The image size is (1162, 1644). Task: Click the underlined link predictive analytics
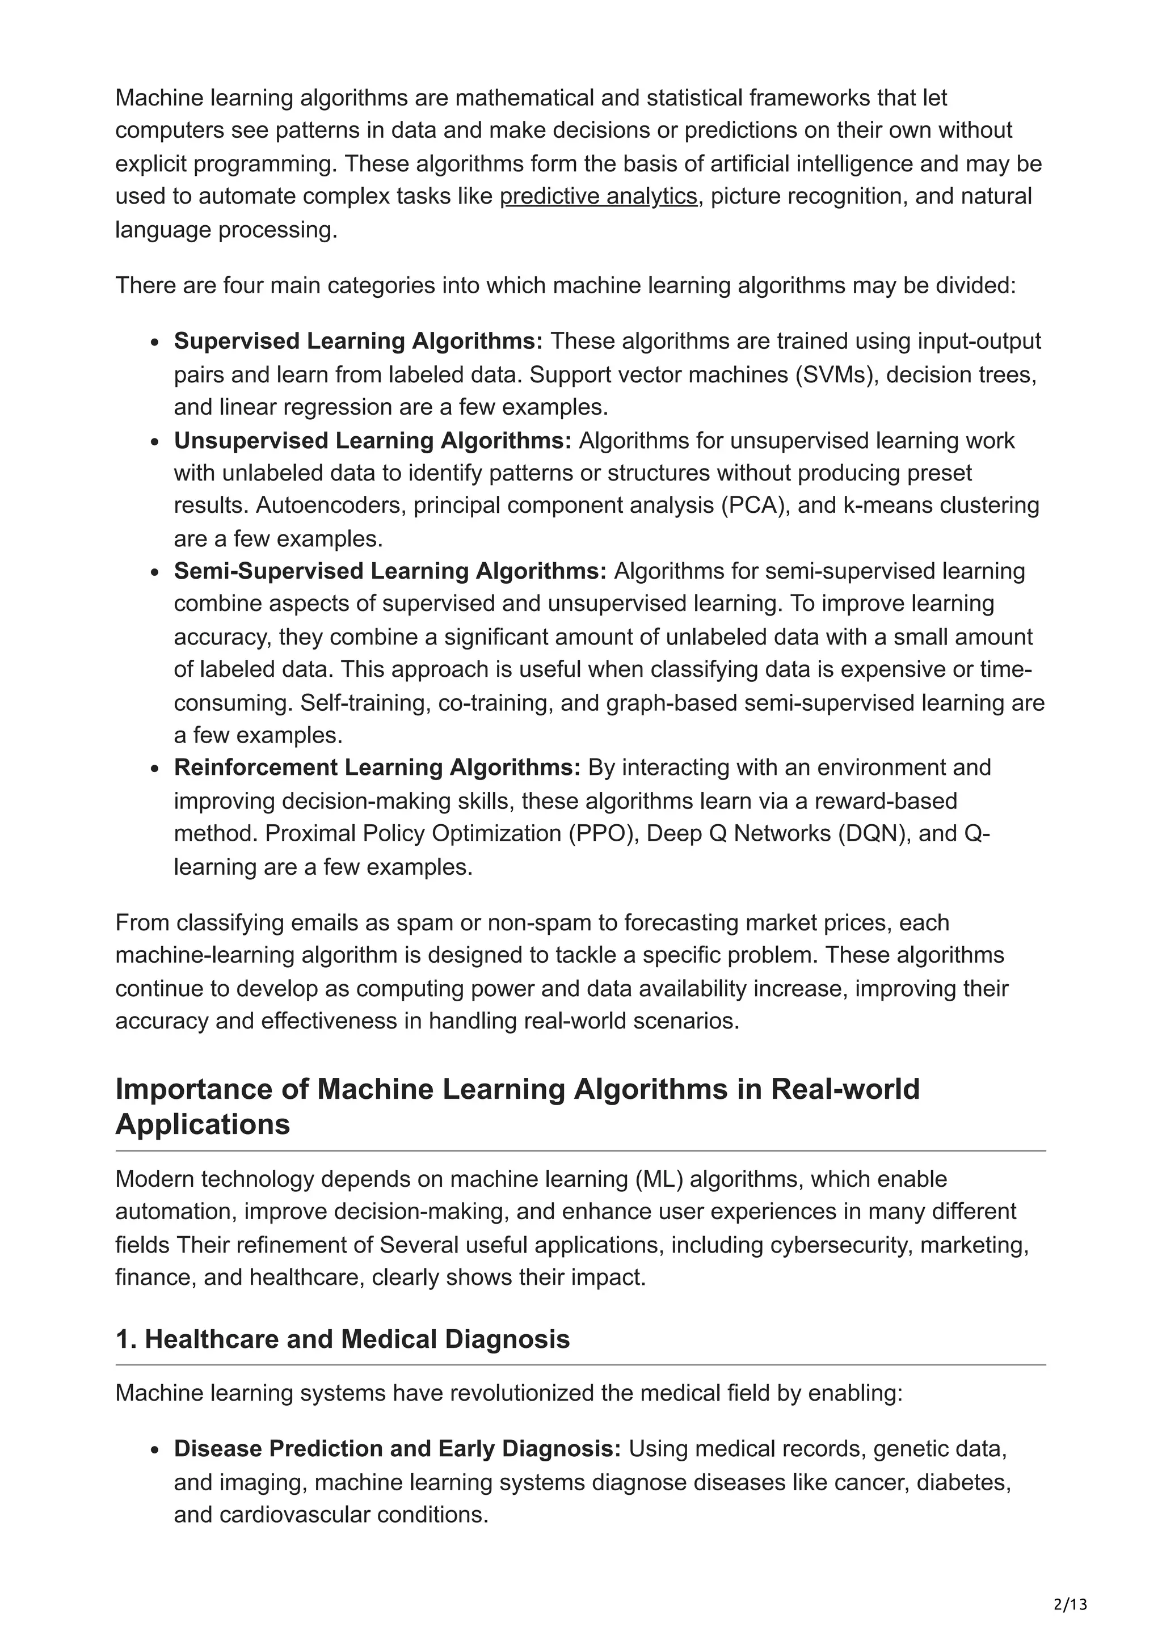tap(598, 196)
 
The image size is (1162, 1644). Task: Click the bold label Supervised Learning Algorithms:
tap(358, 341)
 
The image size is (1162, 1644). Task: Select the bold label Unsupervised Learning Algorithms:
tap(372, 440)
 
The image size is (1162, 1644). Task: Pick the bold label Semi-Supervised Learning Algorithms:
tap(390, 571)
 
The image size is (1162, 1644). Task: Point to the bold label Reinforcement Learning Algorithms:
tap(377, 767)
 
